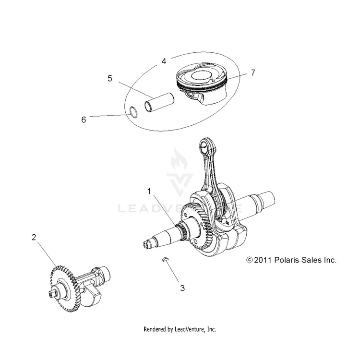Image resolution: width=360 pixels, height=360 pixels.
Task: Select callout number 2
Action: tap(34, 237)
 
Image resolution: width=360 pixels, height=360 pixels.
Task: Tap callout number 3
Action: tap(182, 288)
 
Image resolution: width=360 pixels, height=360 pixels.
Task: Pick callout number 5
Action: tap(110, 78)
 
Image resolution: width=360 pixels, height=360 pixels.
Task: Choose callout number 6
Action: tap(84, 120)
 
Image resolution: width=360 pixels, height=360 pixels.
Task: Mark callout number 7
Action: tap(253, 72)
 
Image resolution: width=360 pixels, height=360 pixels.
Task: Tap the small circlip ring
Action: tap(136, 113)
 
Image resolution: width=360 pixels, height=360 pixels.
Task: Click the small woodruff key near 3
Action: tap(165, 259)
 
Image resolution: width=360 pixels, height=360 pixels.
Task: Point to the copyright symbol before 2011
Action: tap(249, 260)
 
